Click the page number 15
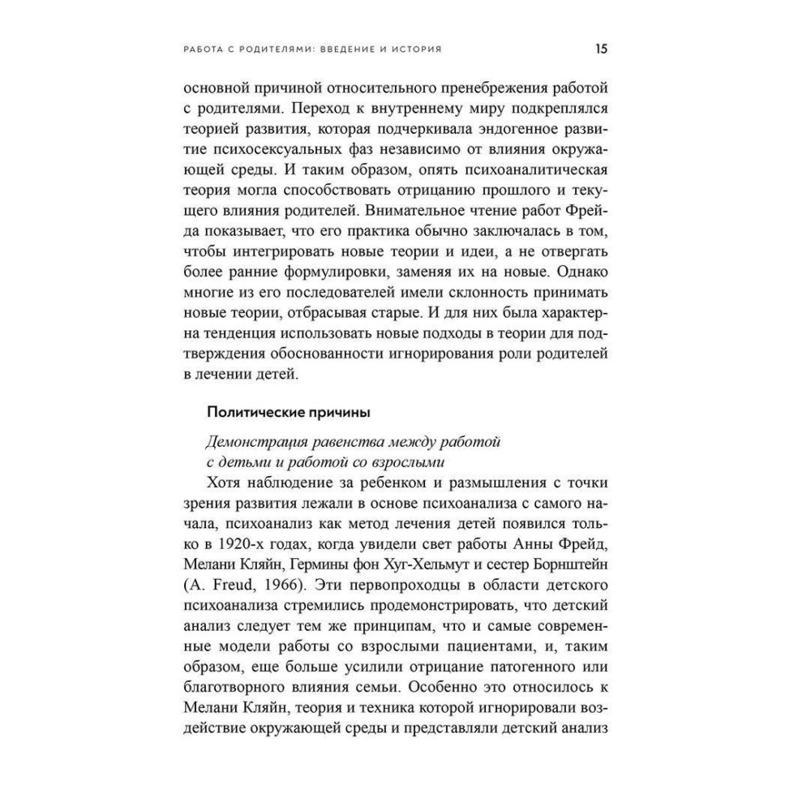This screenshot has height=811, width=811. point(602,49)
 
